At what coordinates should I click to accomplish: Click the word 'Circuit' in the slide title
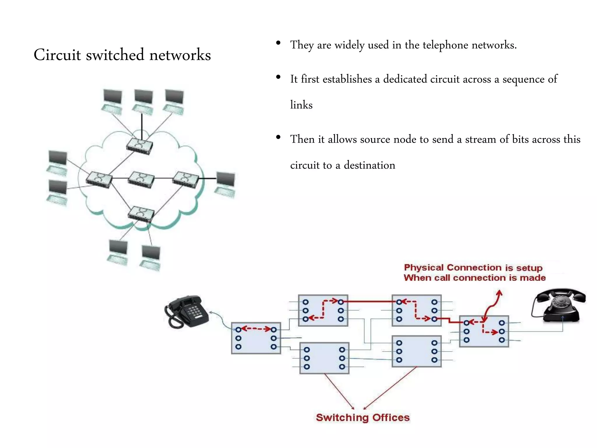pos(57,55)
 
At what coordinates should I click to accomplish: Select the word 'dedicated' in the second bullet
pos(405,79)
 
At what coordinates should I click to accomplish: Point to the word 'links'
pos(301,105)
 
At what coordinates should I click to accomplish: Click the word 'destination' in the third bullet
pos(369,165)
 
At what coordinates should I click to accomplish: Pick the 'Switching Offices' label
pos(363,417)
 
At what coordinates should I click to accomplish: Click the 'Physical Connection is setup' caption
pos(473,268)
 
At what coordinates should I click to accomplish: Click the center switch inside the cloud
pos(141,179)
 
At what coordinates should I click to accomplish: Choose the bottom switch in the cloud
pos(141,214)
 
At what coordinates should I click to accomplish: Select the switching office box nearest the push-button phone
pos(256,338)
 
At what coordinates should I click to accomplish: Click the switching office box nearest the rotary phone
pos(484,331)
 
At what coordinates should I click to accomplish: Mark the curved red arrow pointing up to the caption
pos(493,305)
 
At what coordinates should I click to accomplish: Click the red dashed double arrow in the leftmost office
pos(256,329)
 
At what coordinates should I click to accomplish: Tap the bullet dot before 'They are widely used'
pos(278,43)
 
